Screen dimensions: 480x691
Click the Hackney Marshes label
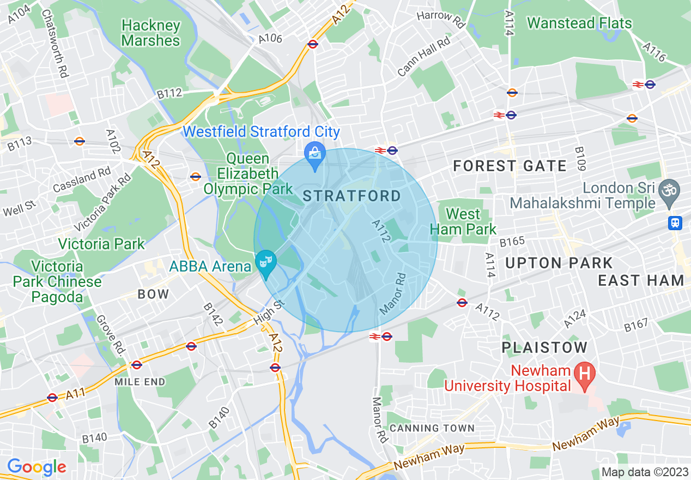tap(150, 33)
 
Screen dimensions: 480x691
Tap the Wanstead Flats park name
tap(579, 23)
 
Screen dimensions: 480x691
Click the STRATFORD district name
tap(351, 196)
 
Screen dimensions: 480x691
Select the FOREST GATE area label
tap(510, 166)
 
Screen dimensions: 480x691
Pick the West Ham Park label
tap(463, 221)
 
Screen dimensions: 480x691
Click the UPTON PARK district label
tap(560, 263)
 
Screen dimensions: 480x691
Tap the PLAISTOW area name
tap(544, 347)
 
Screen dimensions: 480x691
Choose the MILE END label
tap(140, 382)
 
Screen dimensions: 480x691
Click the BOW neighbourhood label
tap(153, 294)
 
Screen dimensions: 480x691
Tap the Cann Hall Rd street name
tap(424, 56)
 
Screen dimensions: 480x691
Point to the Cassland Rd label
tap(82, 180)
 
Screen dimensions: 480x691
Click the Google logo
tap(37, 467)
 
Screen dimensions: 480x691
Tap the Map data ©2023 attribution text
tap(644, 472)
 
